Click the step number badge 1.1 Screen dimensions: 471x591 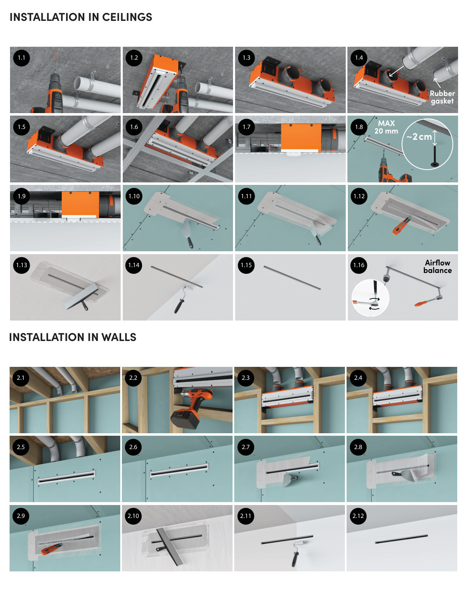tap(21, 58)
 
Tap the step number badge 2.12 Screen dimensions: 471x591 tap(358, 516)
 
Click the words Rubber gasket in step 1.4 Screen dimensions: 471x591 tap(442, 97)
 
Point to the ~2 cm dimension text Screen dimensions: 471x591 tap(419, 136)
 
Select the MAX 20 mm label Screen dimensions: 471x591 tap(386, 127)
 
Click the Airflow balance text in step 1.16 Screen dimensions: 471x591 tap(438, 267)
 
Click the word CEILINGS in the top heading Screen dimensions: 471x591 tap(127, 17)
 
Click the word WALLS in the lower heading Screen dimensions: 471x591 tap(119, 337)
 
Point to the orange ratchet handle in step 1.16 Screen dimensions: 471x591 tap(421, 303)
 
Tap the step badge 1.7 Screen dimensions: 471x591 tap(246, 127)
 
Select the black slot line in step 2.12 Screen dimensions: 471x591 tap(401, 539)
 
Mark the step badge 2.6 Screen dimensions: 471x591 tap(133, 447)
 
